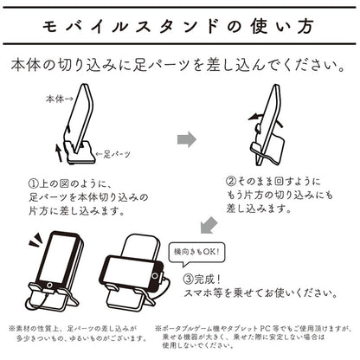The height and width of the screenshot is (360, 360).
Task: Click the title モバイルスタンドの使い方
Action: [x=178, y=27]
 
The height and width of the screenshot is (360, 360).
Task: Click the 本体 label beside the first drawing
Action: [x=55, y=99]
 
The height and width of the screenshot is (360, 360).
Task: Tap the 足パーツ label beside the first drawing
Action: [x=117, y=155]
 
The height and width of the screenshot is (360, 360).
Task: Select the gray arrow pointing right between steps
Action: [x=187, y=139]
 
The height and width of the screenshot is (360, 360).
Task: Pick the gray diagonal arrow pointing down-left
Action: [x=209, y=225]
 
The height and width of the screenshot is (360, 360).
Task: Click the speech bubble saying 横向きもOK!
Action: [x=197, y=254]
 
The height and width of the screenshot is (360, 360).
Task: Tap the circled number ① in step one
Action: [x=34, y=183]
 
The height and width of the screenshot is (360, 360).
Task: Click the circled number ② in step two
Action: [x=231, y=182]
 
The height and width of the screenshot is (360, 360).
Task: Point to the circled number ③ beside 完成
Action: [x=189, y=279]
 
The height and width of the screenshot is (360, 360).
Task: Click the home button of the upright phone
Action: [x=49, y=286]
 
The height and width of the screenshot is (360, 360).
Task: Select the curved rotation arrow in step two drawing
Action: [x=266, y=118]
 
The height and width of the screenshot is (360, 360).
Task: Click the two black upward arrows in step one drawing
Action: [x=61, y=145]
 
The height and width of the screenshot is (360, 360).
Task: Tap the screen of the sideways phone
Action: [x=129, y=269]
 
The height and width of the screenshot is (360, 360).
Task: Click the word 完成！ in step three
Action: [x=208, y=279]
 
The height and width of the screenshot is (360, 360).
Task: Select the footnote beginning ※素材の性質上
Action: [x=77, y=333]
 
